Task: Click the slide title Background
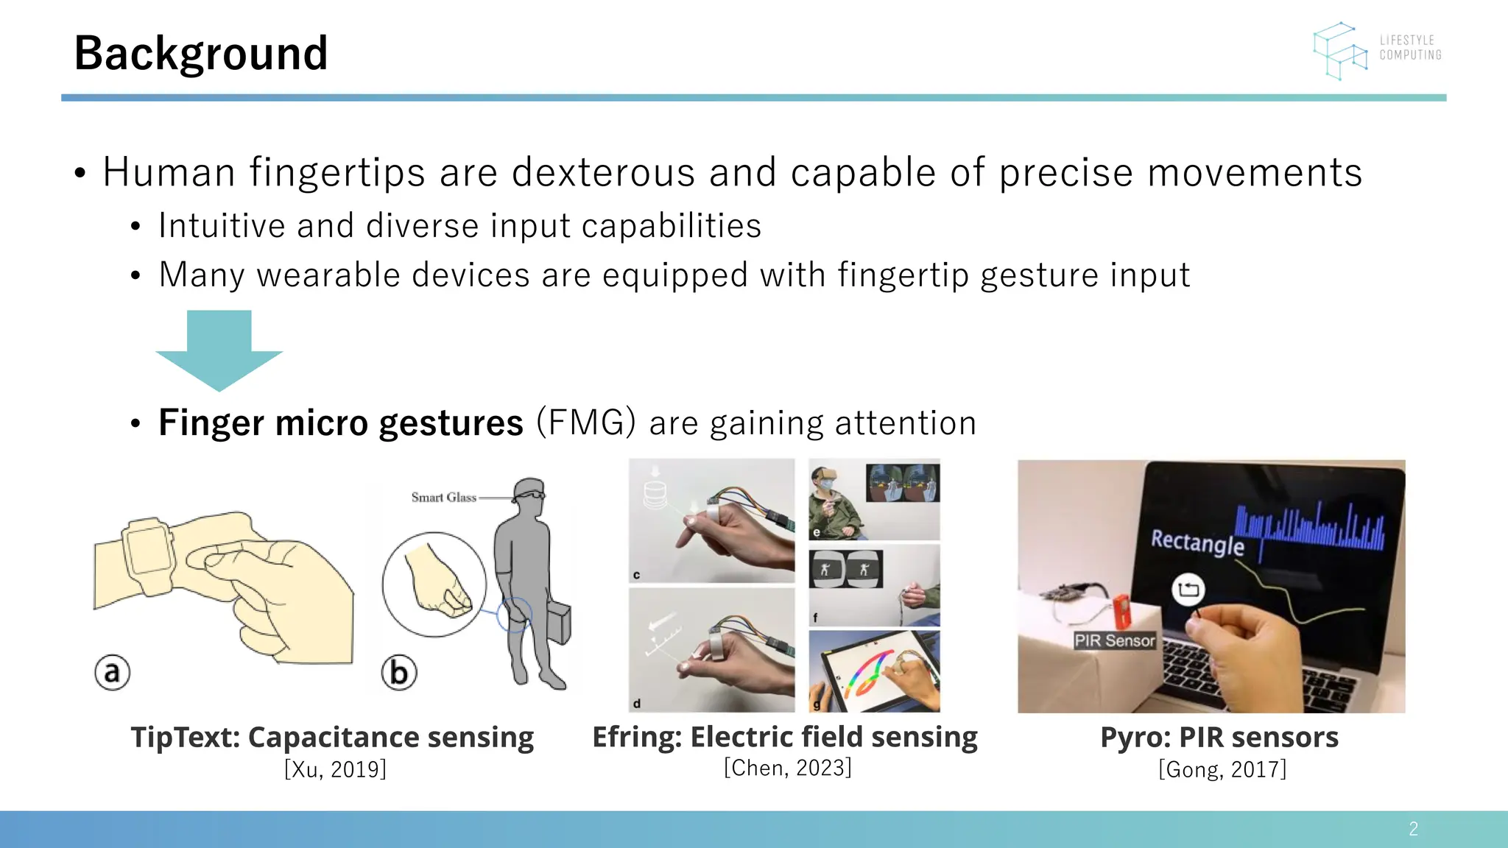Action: tap(201, 54)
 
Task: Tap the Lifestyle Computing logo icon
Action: tap(1339, 50)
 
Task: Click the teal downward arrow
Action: tap(219, 350)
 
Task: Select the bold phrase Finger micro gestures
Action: tap(340, 423)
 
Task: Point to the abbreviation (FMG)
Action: tap(586, 422)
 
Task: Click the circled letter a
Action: tap(112, 672)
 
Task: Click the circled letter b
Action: tap(398, 672)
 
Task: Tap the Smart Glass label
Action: tap(443, 497)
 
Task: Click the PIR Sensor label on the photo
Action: tap(1114, 640)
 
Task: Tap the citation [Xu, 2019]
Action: tap(335, 769)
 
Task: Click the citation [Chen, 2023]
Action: tap(787, 768)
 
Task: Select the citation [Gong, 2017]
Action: tap(1222, 769)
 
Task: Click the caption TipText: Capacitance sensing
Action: tap(332, 737)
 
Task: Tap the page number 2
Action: tap(1413, 829)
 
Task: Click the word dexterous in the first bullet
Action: tap(603, 172)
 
